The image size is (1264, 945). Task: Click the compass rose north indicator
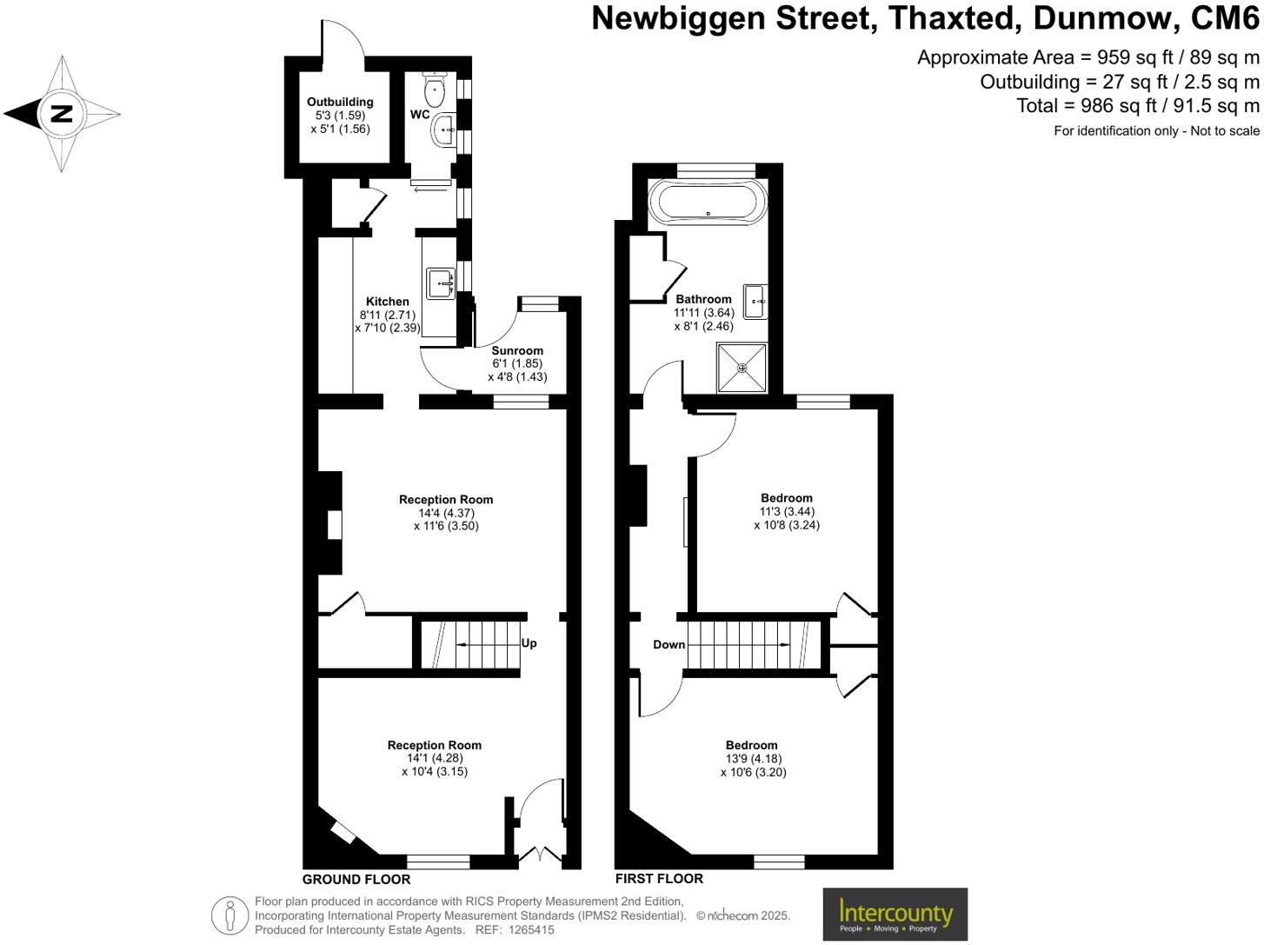61,113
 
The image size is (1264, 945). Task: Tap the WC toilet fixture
435,89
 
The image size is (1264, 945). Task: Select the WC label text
420,115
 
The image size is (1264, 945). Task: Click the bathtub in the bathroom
708,203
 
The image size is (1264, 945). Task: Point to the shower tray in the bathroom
742,368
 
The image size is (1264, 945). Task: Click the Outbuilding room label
340,102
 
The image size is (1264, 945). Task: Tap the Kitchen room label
387,302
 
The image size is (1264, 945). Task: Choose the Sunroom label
517,351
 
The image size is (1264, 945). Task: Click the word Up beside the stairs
529,643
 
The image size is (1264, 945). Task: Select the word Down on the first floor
669,644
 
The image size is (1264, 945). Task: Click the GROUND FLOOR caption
356,879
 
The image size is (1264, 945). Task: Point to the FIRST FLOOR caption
659,878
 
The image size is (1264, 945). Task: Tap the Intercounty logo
895,914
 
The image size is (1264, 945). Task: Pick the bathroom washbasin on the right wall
754,301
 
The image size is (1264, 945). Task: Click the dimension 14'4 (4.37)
446,513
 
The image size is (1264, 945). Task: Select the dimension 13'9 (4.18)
753,758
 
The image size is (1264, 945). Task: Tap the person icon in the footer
230,915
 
